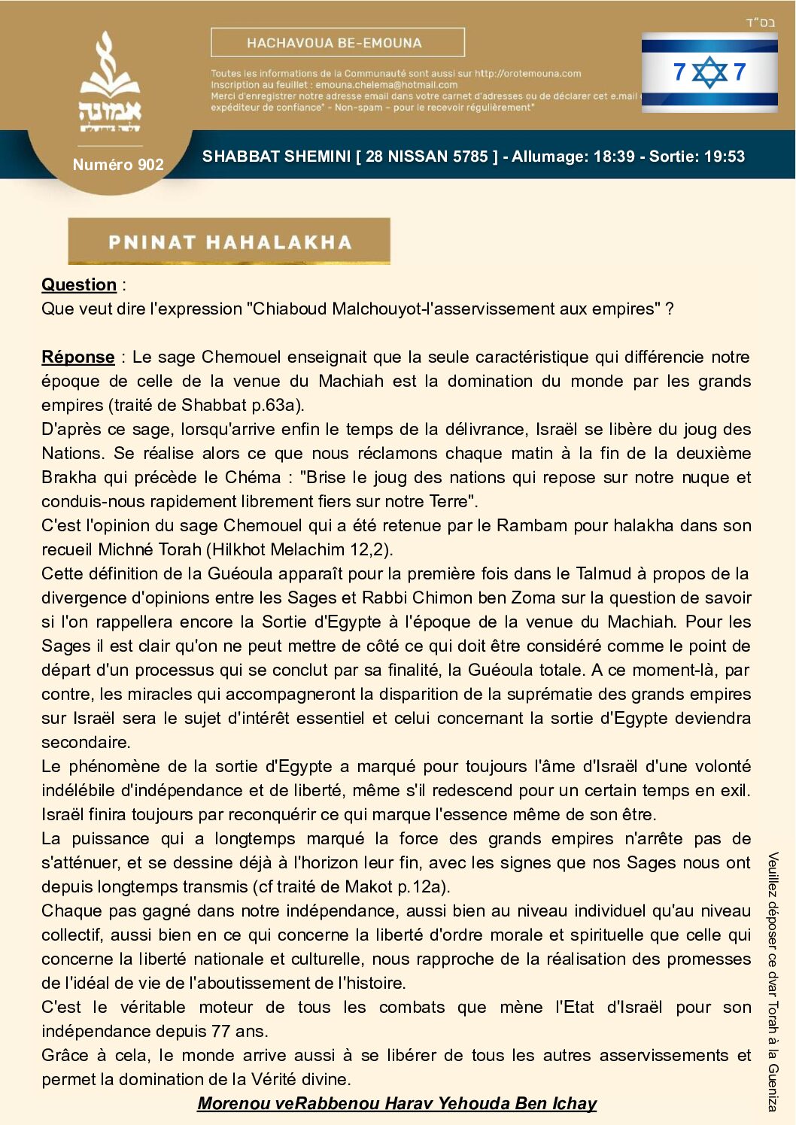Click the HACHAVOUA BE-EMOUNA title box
point(337,43)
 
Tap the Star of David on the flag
point(709,72)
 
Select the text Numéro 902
point(118,164)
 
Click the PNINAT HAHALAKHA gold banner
point(229,242)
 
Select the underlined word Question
point(79,284)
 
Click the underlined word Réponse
point(78,357)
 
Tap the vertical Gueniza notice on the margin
point(773,981)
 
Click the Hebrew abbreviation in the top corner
point(760,23)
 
